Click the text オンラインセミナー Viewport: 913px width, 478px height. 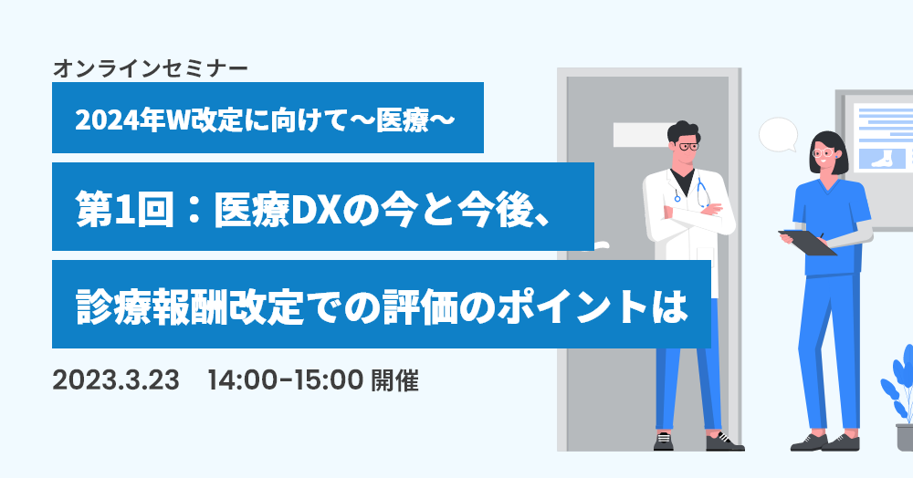click(x=151, y=69)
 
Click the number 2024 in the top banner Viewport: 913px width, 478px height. click(x=104, y=120)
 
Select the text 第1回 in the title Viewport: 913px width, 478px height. click(x=124, y=209)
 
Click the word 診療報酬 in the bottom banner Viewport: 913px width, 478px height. click(x=151, y=307)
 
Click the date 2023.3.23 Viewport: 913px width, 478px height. click(x=116, y=381)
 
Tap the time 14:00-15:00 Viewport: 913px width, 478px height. click(x=285, y=381)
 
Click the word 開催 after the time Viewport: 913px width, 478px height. click(x=394, y=381)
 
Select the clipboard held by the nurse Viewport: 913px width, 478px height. click(x=808, y=243)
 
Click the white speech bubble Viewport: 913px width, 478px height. click(x=779, y=135)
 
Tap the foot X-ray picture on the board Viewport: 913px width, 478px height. click(x=884, y=158)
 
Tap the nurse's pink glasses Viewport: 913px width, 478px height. click(x=824, y=153)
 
